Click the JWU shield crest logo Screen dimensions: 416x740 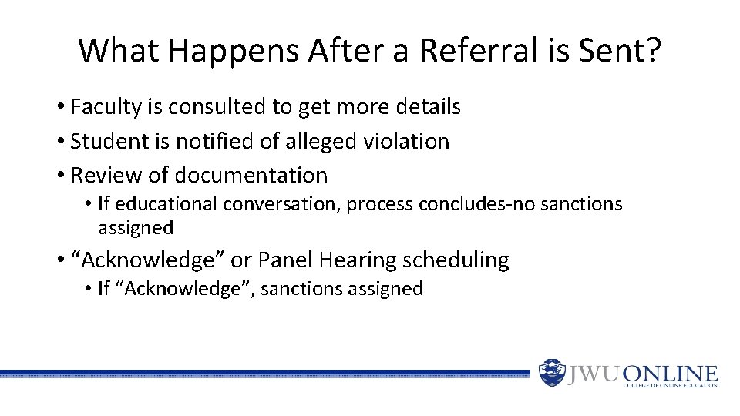click(552, 373)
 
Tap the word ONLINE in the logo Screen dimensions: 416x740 click(670, 373)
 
